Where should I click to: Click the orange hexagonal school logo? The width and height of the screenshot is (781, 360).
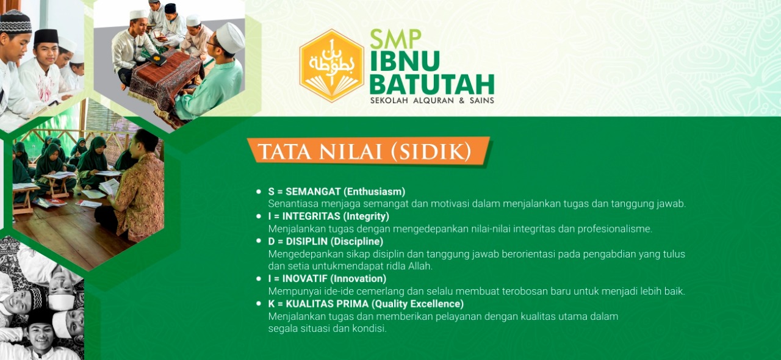(331, 65)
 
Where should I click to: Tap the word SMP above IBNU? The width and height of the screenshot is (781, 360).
(395, 39)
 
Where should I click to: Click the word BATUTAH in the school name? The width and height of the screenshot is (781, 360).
(432, 84)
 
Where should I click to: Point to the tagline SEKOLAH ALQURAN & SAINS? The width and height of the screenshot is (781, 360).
(432, 101)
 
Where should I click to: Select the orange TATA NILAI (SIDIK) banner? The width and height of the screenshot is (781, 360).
(369, 151)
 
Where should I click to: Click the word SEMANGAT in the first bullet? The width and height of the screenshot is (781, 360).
(313, 192)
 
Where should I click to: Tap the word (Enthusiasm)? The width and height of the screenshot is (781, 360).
(374, 192)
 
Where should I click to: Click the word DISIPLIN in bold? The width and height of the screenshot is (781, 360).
(306, 242)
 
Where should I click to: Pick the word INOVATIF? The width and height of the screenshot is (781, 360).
(304, 279)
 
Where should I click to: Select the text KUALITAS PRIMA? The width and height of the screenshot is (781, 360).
(327, 304)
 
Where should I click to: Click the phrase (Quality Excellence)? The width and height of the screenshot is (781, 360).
(417, 304)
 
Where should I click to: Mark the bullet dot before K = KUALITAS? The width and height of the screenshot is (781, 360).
(258, 303)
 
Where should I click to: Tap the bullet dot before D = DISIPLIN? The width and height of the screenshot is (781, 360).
(258, 240)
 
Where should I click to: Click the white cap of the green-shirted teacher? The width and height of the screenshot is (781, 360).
(230, 38)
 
